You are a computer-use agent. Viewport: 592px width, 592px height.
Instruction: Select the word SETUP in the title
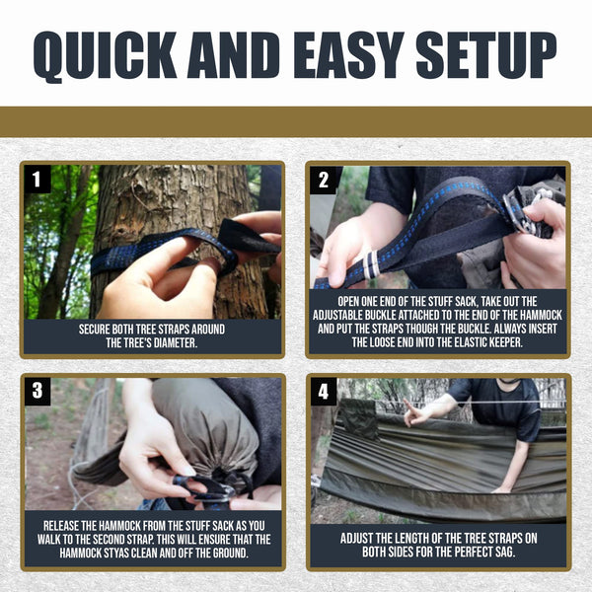(x=486, y=54)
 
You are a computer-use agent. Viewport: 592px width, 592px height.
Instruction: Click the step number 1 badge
(x=37, y=180)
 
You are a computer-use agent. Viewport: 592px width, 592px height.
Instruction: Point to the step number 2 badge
(x=324, y=181)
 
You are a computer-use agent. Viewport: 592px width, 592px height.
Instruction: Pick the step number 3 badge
(x=37, y=391)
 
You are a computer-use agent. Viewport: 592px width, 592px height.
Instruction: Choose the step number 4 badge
(x=324, y=392)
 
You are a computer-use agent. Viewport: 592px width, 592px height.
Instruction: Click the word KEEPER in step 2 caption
(x=505, y=342)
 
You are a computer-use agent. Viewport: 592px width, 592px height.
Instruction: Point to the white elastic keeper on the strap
(x=370, y=264)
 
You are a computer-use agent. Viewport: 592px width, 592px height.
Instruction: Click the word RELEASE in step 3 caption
(x=61, y=526)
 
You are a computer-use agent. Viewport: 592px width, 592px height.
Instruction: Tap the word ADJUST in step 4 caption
(x=357, y=538)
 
